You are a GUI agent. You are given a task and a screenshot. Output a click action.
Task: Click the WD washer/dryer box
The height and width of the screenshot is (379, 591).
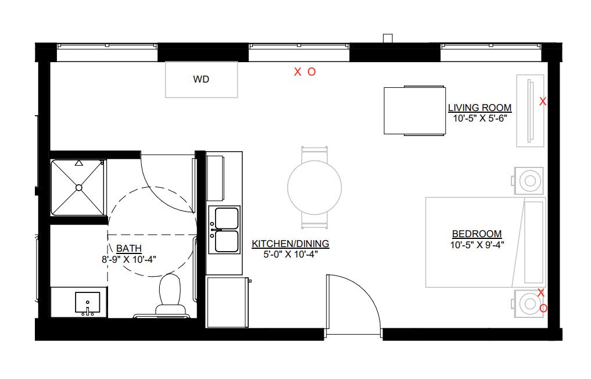tap(201, 80)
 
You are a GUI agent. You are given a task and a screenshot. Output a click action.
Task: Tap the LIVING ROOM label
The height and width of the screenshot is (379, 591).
tap(479, 108)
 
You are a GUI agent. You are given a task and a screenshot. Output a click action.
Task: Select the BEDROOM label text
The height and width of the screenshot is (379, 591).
tap(477, 234)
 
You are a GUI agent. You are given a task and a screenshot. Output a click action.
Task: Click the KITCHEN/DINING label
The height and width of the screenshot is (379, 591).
tap(290, 244)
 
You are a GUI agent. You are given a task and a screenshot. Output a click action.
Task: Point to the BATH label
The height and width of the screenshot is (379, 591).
tap(129, 249)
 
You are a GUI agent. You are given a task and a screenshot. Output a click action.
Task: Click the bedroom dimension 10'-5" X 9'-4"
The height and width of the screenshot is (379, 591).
tap(477, 245)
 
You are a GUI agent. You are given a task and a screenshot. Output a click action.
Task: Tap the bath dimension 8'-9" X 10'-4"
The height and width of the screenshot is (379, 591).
tap(129, 259)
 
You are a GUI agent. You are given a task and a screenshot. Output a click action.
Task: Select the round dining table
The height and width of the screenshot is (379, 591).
tap(314, 187)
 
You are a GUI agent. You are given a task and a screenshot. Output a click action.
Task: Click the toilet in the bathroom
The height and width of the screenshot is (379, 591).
tap(170, 294)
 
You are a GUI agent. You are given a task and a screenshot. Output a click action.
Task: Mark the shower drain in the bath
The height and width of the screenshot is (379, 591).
tap(79, 187)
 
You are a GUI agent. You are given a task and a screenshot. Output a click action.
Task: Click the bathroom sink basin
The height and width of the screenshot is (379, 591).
tap(87, 302)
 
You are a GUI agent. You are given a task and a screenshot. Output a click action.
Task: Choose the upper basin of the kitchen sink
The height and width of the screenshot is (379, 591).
tap(227, 219)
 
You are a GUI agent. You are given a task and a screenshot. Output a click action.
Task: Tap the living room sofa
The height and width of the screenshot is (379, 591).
tap(414, 110)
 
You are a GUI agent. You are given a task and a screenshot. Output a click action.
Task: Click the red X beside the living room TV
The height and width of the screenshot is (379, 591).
tap(543, 102)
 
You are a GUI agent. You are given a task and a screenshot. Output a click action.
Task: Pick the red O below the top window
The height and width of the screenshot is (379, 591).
tap(311, 72)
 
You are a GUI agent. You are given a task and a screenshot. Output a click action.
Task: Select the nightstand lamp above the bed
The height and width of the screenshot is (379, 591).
tap(530, 181)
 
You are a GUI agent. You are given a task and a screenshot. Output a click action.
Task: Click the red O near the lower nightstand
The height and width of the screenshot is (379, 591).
tap(543, 309)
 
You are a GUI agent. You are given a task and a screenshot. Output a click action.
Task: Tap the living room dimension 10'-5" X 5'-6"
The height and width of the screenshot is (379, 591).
tap(480, 119)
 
